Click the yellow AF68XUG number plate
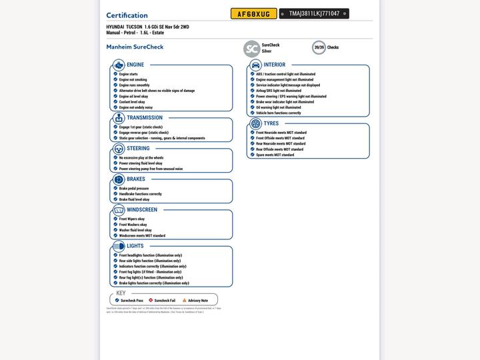pyautogui.click(x=253, y=14)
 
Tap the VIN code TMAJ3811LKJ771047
pyautogui.click(x=313, y=14)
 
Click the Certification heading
pyautogui.click(x=127, y=15)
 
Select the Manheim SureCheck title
pyautogui.click(x=135, y=47)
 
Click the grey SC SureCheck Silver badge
pyautogui.click(x=251, y=48)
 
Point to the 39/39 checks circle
pyautogui.click(x=319, y=47)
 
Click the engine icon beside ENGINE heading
pyautogui.click(x=119, y=65)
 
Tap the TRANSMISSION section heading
pyautogui.click(x=145, y=118)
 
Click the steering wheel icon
pyautogui.click(x=119, y=149)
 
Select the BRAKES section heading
pyautogui.click(x=136, y=179)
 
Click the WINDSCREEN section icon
pyautogui.click(x=119, y=210)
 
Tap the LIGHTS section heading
pyautogui.click(x=135, y=246)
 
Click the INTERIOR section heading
pyautogui.click(x=274, y=65)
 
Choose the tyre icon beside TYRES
pyautogui.click(x=255, y=123)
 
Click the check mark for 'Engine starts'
pyautogui.click(x=115, y=74)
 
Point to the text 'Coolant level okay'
pyautogui.click(x=133, y=102)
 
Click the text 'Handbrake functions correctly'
pyautogui.click(x=140, y=194)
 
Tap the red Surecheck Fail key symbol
pyautogui.click(x=151, y=301)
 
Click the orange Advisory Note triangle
pyautogui.click(x=185, y=301)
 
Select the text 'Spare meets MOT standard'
pyautogui.click(x=275, y=155)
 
